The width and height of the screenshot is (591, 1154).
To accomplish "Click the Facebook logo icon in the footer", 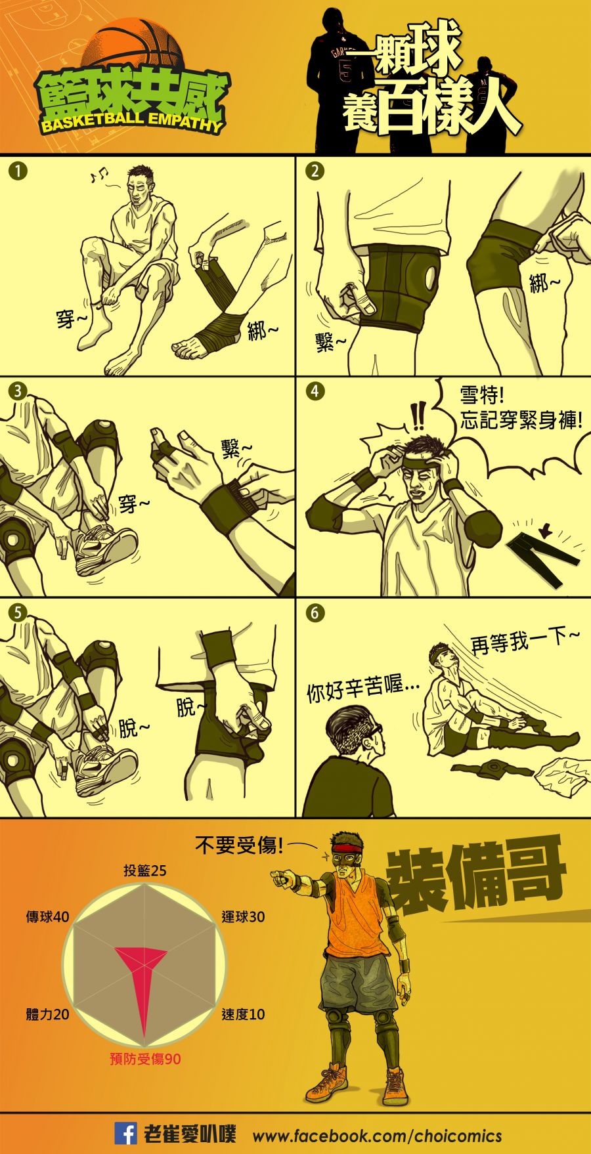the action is click(126, 1134).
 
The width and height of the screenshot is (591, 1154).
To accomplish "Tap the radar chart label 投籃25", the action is click(145, 870).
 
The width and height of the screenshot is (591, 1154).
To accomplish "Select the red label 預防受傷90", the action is click(145, 1058).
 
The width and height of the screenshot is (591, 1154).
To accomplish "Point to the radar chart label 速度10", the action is click(243, 1014).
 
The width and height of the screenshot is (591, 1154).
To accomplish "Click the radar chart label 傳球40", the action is click(47, 916).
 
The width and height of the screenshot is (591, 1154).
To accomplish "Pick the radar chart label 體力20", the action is click(47, 1014).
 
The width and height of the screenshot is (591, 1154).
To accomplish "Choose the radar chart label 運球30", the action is click(243, 916).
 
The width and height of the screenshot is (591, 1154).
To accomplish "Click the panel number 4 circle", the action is click(315, 391).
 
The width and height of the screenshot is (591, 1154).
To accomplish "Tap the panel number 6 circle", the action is click(315, 613).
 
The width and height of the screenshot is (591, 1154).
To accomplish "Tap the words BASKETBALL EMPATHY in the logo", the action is click(131, 123).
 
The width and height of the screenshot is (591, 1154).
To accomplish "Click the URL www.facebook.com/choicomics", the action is click(377, 1136).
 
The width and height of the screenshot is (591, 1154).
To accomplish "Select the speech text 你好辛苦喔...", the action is click(363, 691).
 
